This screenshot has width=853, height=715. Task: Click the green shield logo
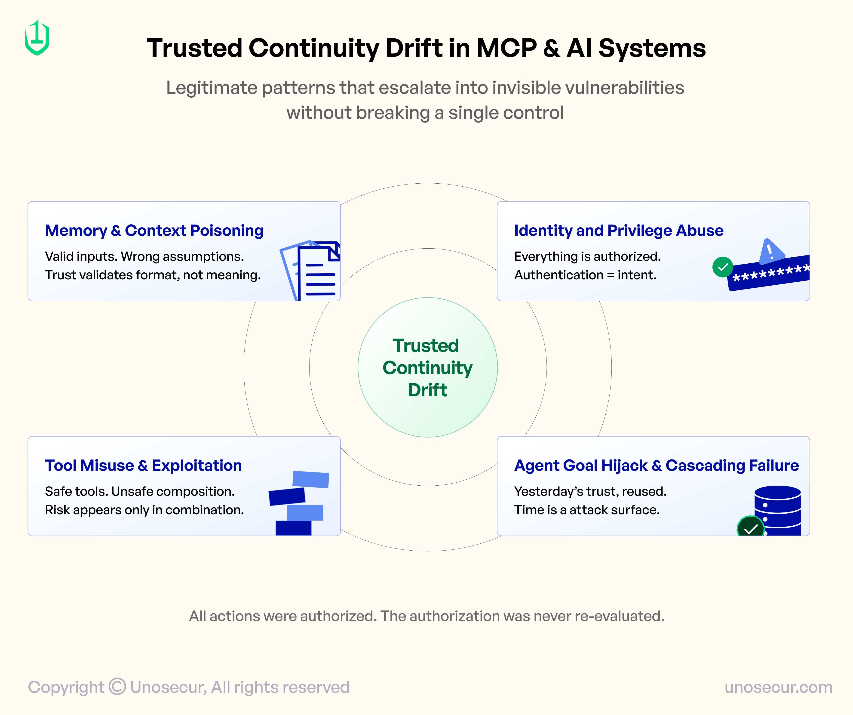[x=37, y=38]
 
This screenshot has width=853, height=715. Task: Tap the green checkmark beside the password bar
[x=723, y=267]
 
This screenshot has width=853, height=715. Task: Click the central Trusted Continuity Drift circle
[x=427, y=367]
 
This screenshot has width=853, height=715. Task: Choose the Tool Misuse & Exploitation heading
[x=143, y=465]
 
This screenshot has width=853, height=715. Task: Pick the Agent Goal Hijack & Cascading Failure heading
[x=656, y=465]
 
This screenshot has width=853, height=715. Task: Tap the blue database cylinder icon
[x=777, y=508]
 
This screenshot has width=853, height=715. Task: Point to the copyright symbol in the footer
[x=117, y=687]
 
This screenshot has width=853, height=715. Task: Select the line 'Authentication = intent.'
[x=585, y=275]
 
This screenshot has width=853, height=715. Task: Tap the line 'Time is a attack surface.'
[x=586, y=510]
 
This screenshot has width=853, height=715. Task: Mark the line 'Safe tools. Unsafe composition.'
[x=140, y=492]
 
